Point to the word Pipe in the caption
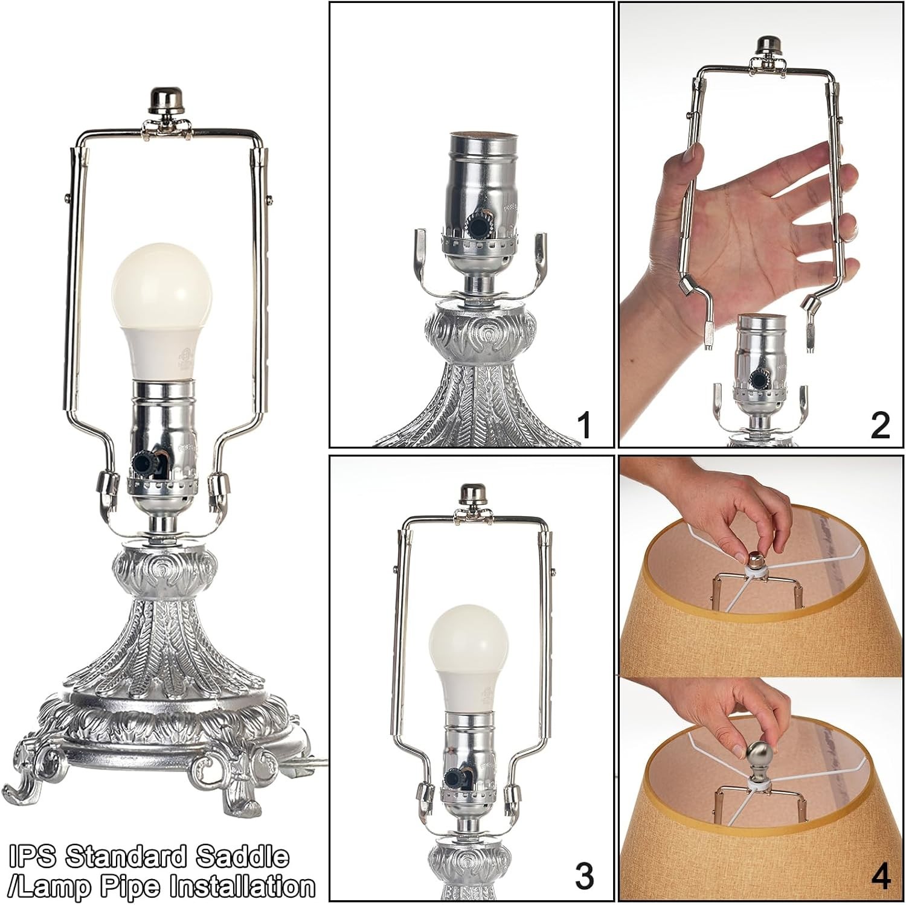(x=137, y=887)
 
